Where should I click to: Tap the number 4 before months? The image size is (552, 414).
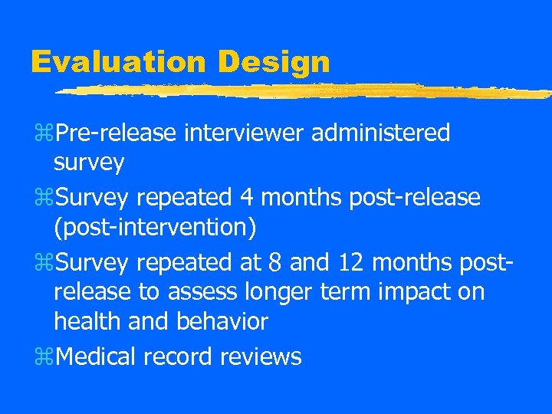pos(246,198)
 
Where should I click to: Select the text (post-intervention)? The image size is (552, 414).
pos(156,228)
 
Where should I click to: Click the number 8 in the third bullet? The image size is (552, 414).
pos(276,263)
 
